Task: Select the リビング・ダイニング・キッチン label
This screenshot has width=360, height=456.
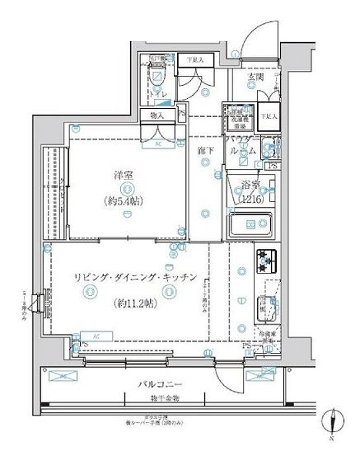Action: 134,279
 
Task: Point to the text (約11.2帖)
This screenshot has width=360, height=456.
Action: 134,303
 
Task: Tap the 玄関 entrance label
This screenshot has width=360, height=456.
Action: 255,77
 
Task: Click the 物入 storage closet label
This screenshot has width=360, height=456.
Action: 157,116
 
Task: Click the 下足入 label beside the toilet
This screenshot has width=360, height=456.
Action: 193,60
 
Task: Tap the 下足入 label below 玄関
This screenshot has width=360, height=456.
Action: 269,117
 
